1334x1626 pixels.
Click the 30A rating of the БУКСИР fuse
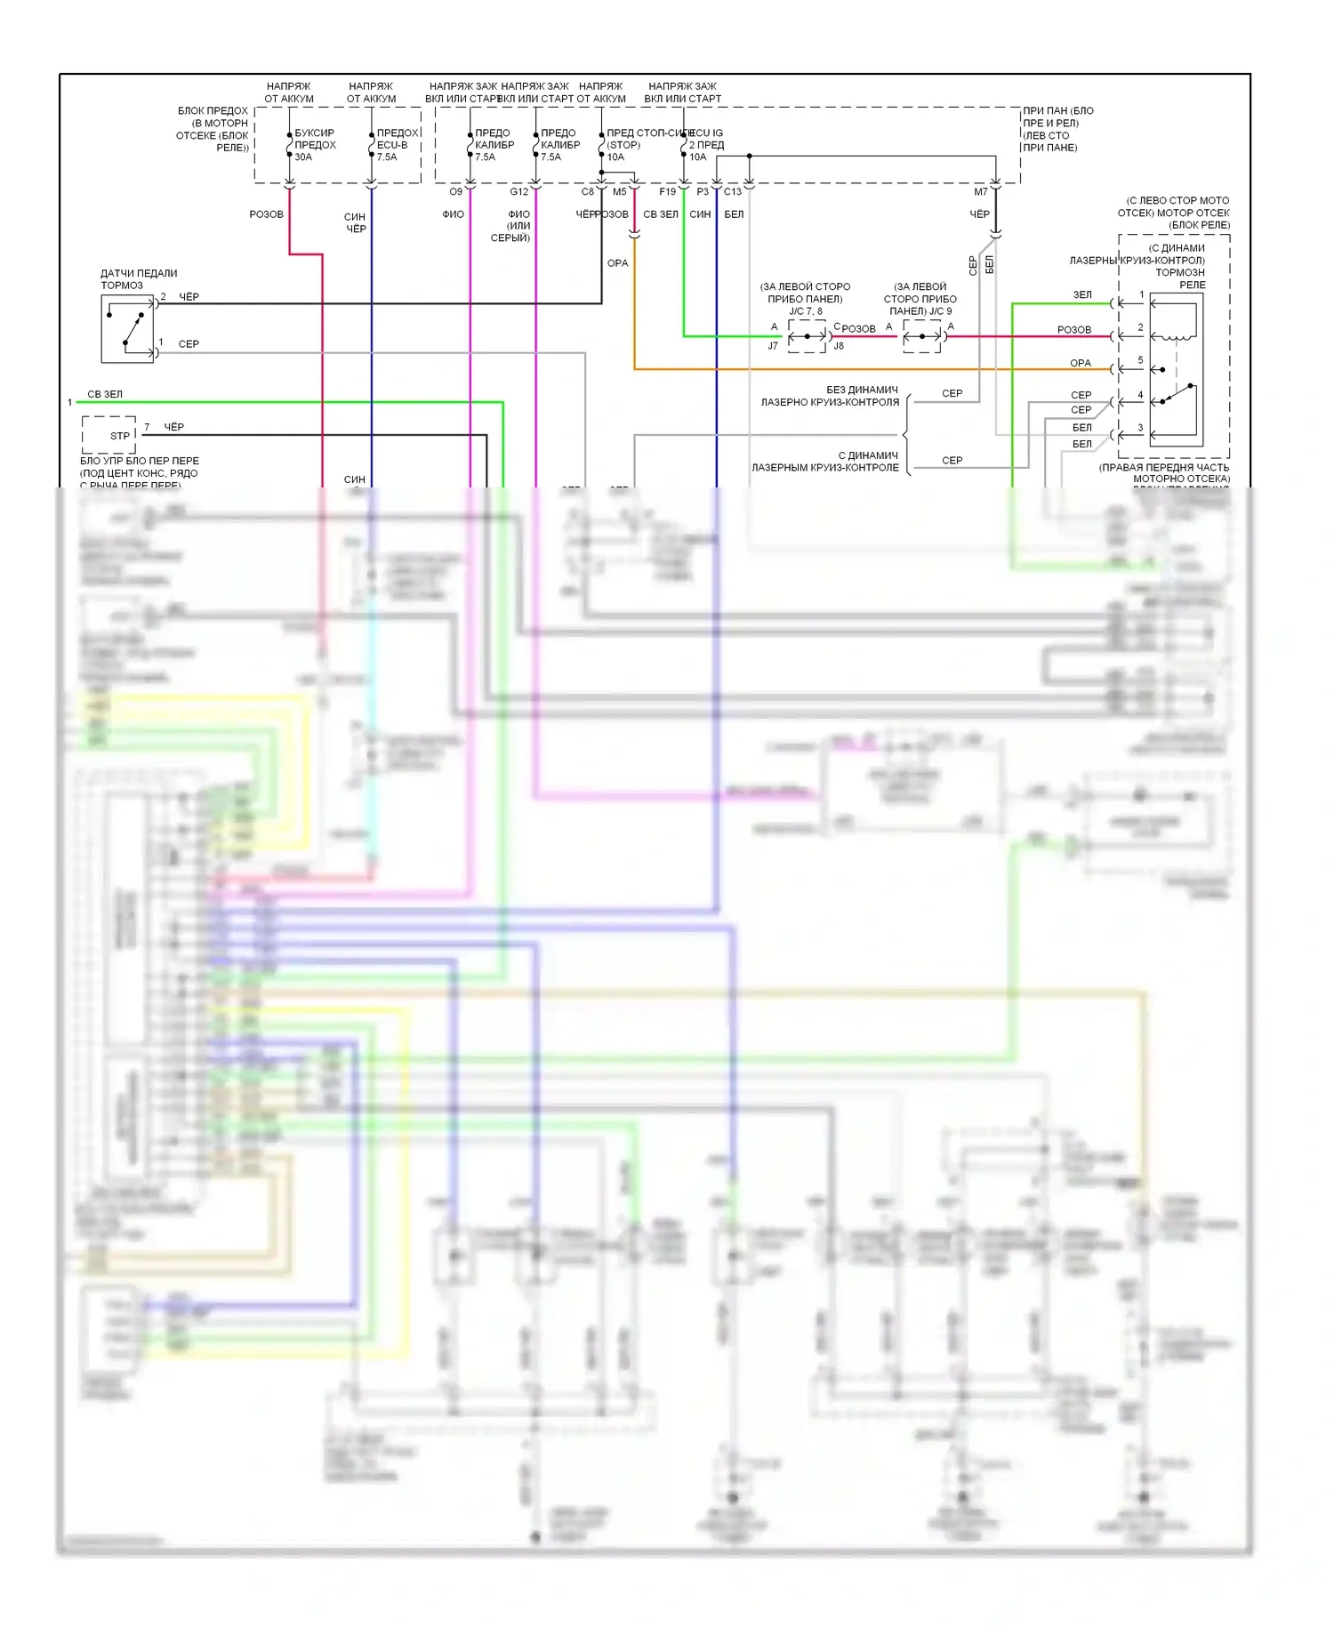click(x=303, y=157)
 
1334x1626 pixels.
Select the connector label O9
click(x=455, y=192)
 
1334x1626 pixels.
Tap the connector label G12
click(x=519, y=192)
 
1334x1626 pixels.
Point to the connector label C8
click(x=588, y=192)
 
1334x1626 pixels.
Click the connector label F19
click(x=667, y=192)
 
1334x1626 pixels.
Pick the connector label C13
click(x=733, y=192)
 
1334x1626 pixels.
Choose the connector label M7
click(x=981, y=192)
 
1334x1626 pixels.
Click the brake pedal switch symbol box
click(x=127, y=329)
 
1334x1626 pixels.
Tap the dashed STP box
click(x=109, y=435)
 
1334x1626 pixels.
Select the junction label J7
click(x=773, y=346)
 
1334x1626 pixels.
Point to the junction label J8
click(x=839, y=346)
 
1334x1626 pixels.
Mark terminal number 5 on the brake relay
click(x=1140, y=360)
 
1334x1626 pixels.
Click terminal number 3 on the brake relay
click(x=1140, y=428)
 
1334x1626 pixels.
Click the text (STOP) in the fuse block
click(x=623, y=145)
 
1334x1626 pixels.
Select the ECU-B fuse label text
click(x=392, y=145)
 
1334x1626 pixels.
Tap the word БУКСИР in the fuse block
click(x=315, y=133)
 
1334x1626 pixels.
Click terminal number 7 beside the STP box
click(x=147, y=427)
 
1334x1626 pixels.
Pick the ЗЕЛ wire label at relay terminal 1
click(x=1082, y=294)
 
